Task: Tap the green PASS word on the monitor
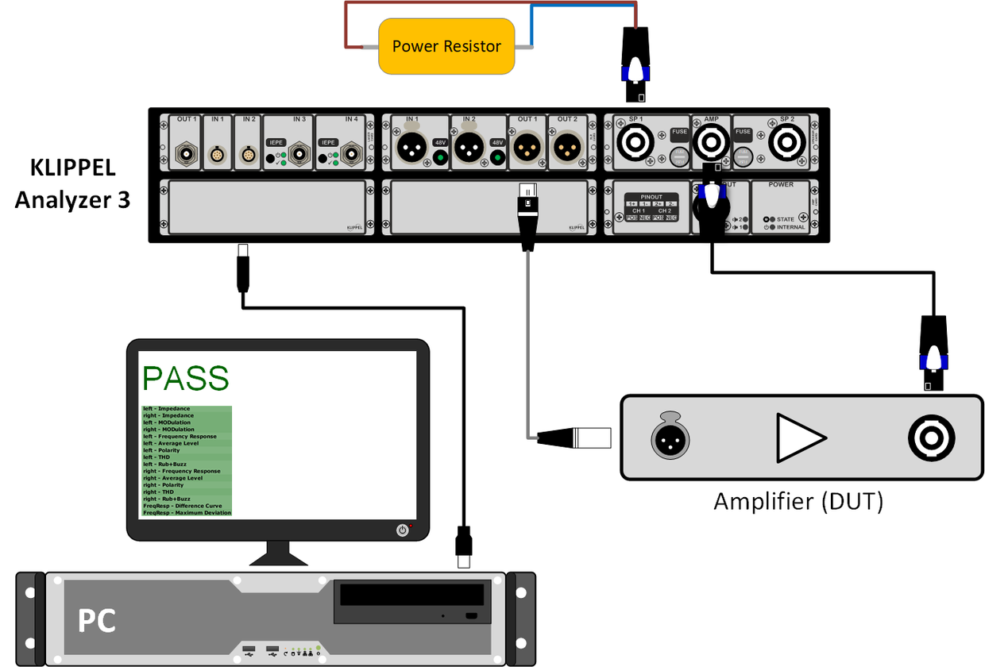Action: (x=185, y=379)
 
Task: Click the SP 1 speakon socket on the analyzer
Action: (x=635, y=144)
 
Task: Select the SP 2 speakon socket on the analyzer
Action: (x=786, y=144)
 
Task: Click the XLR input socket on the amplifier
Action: (x=670, y=437)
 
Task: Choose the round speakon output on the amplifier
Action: (x=932, y=437)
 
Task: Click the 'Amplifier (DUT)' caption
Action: (x=798, y=502)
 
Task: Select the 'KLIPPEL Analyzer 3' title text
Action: (x=73, y=183)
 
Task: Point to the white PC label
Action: (x=97, y=620)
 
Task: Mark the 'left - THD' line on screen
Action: (x=157, y=457)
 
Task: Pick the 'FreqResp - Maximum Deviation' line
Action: (x=187, y=513)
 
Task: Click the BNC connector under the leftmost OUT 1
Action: (x=186, y=151)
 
